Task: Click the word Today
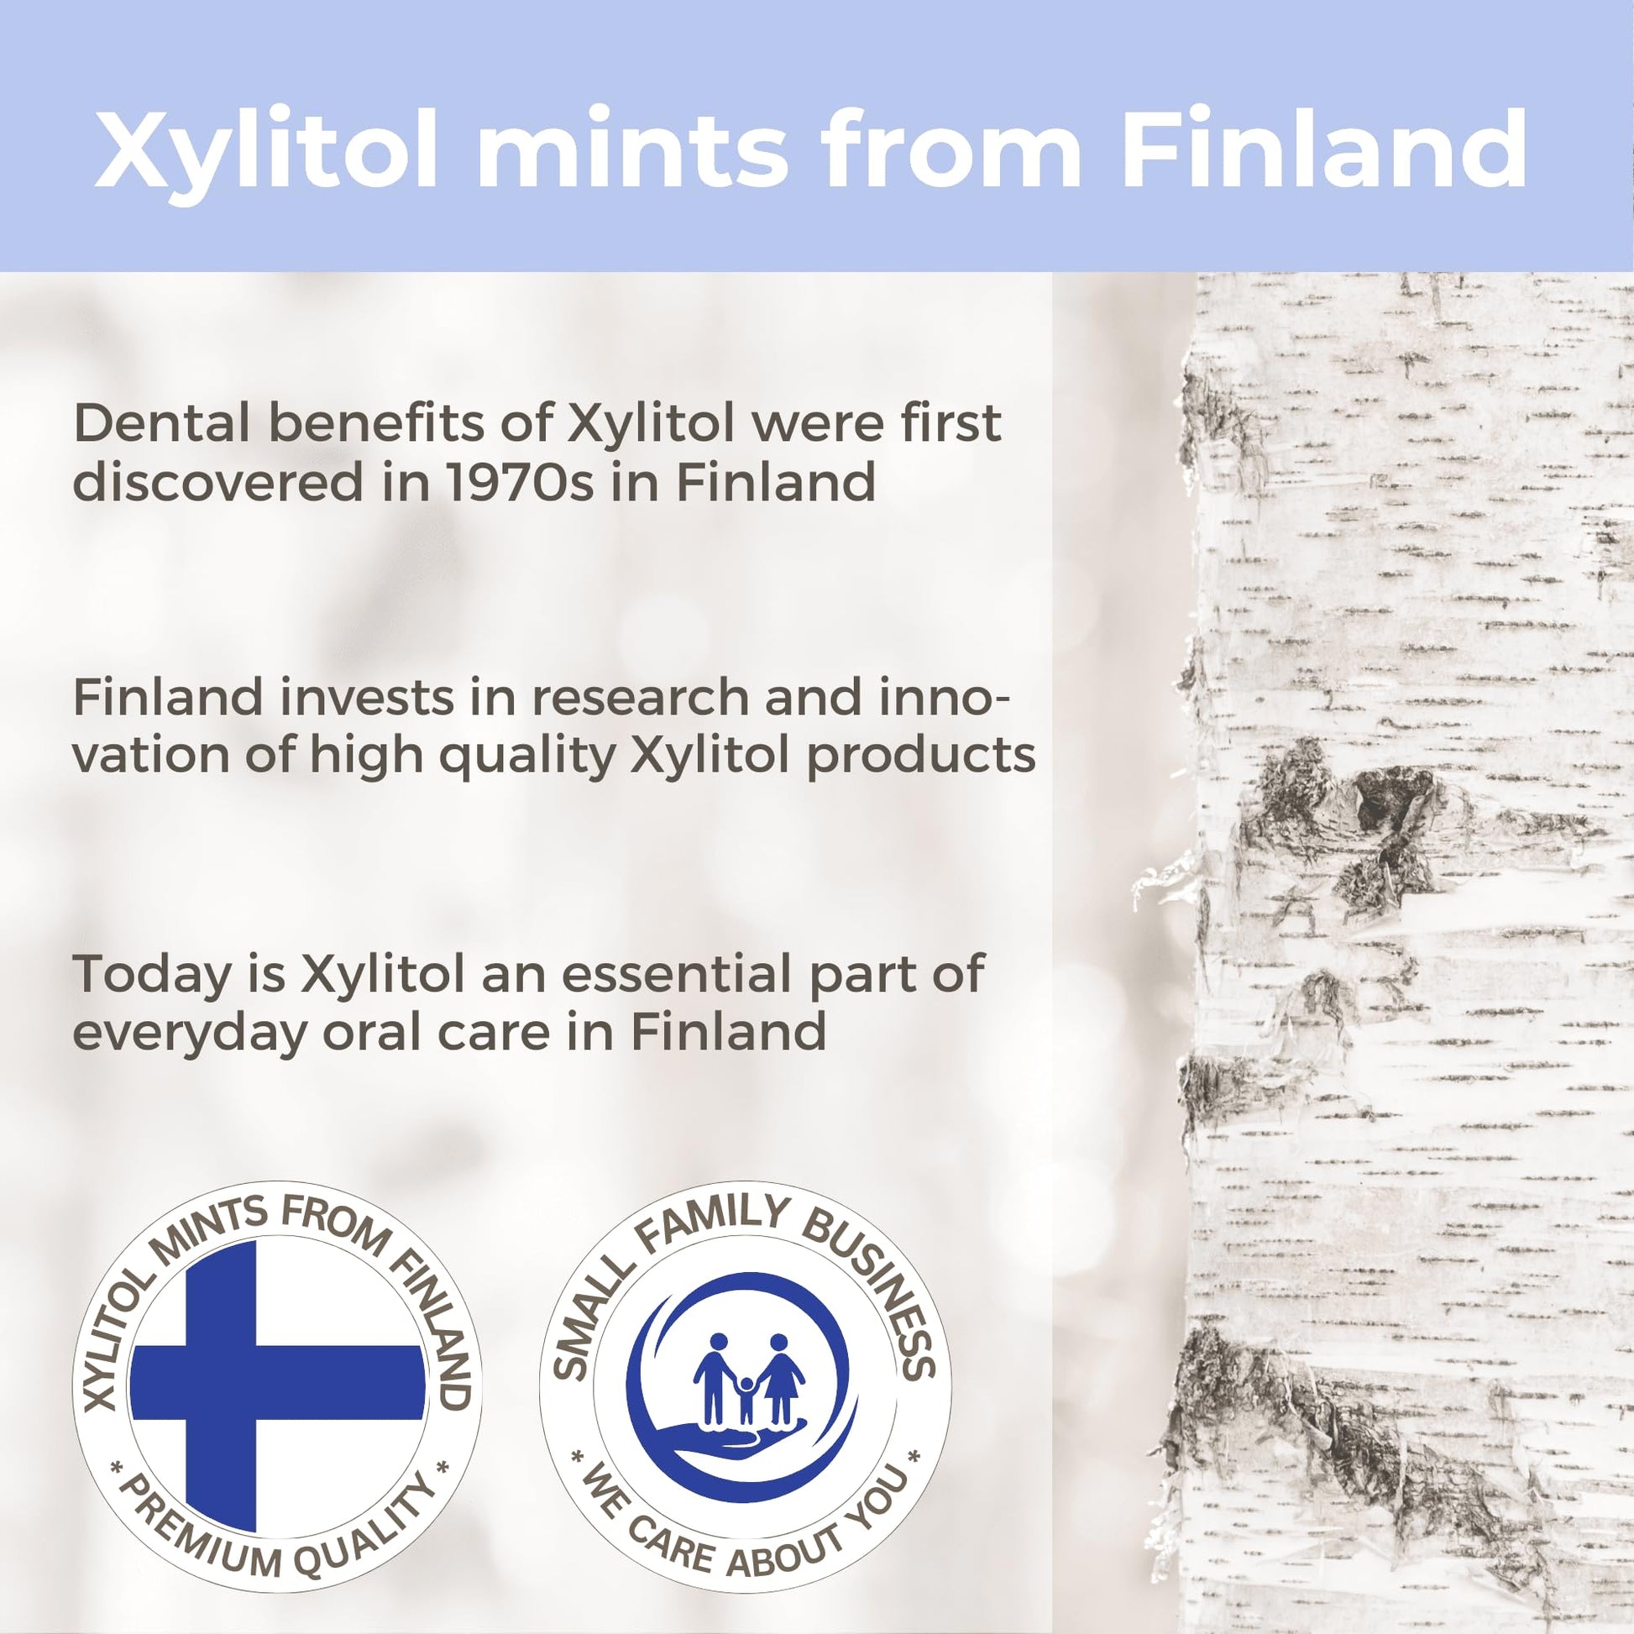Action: (152, 974)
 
